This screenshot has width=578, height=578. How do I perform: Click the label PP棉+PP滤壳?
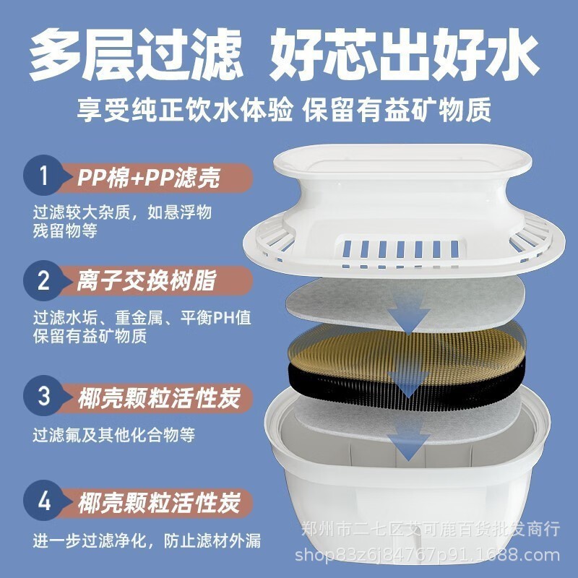148,178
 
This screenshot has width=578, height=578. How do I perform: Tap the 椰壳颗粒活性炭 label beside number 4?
158,501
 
